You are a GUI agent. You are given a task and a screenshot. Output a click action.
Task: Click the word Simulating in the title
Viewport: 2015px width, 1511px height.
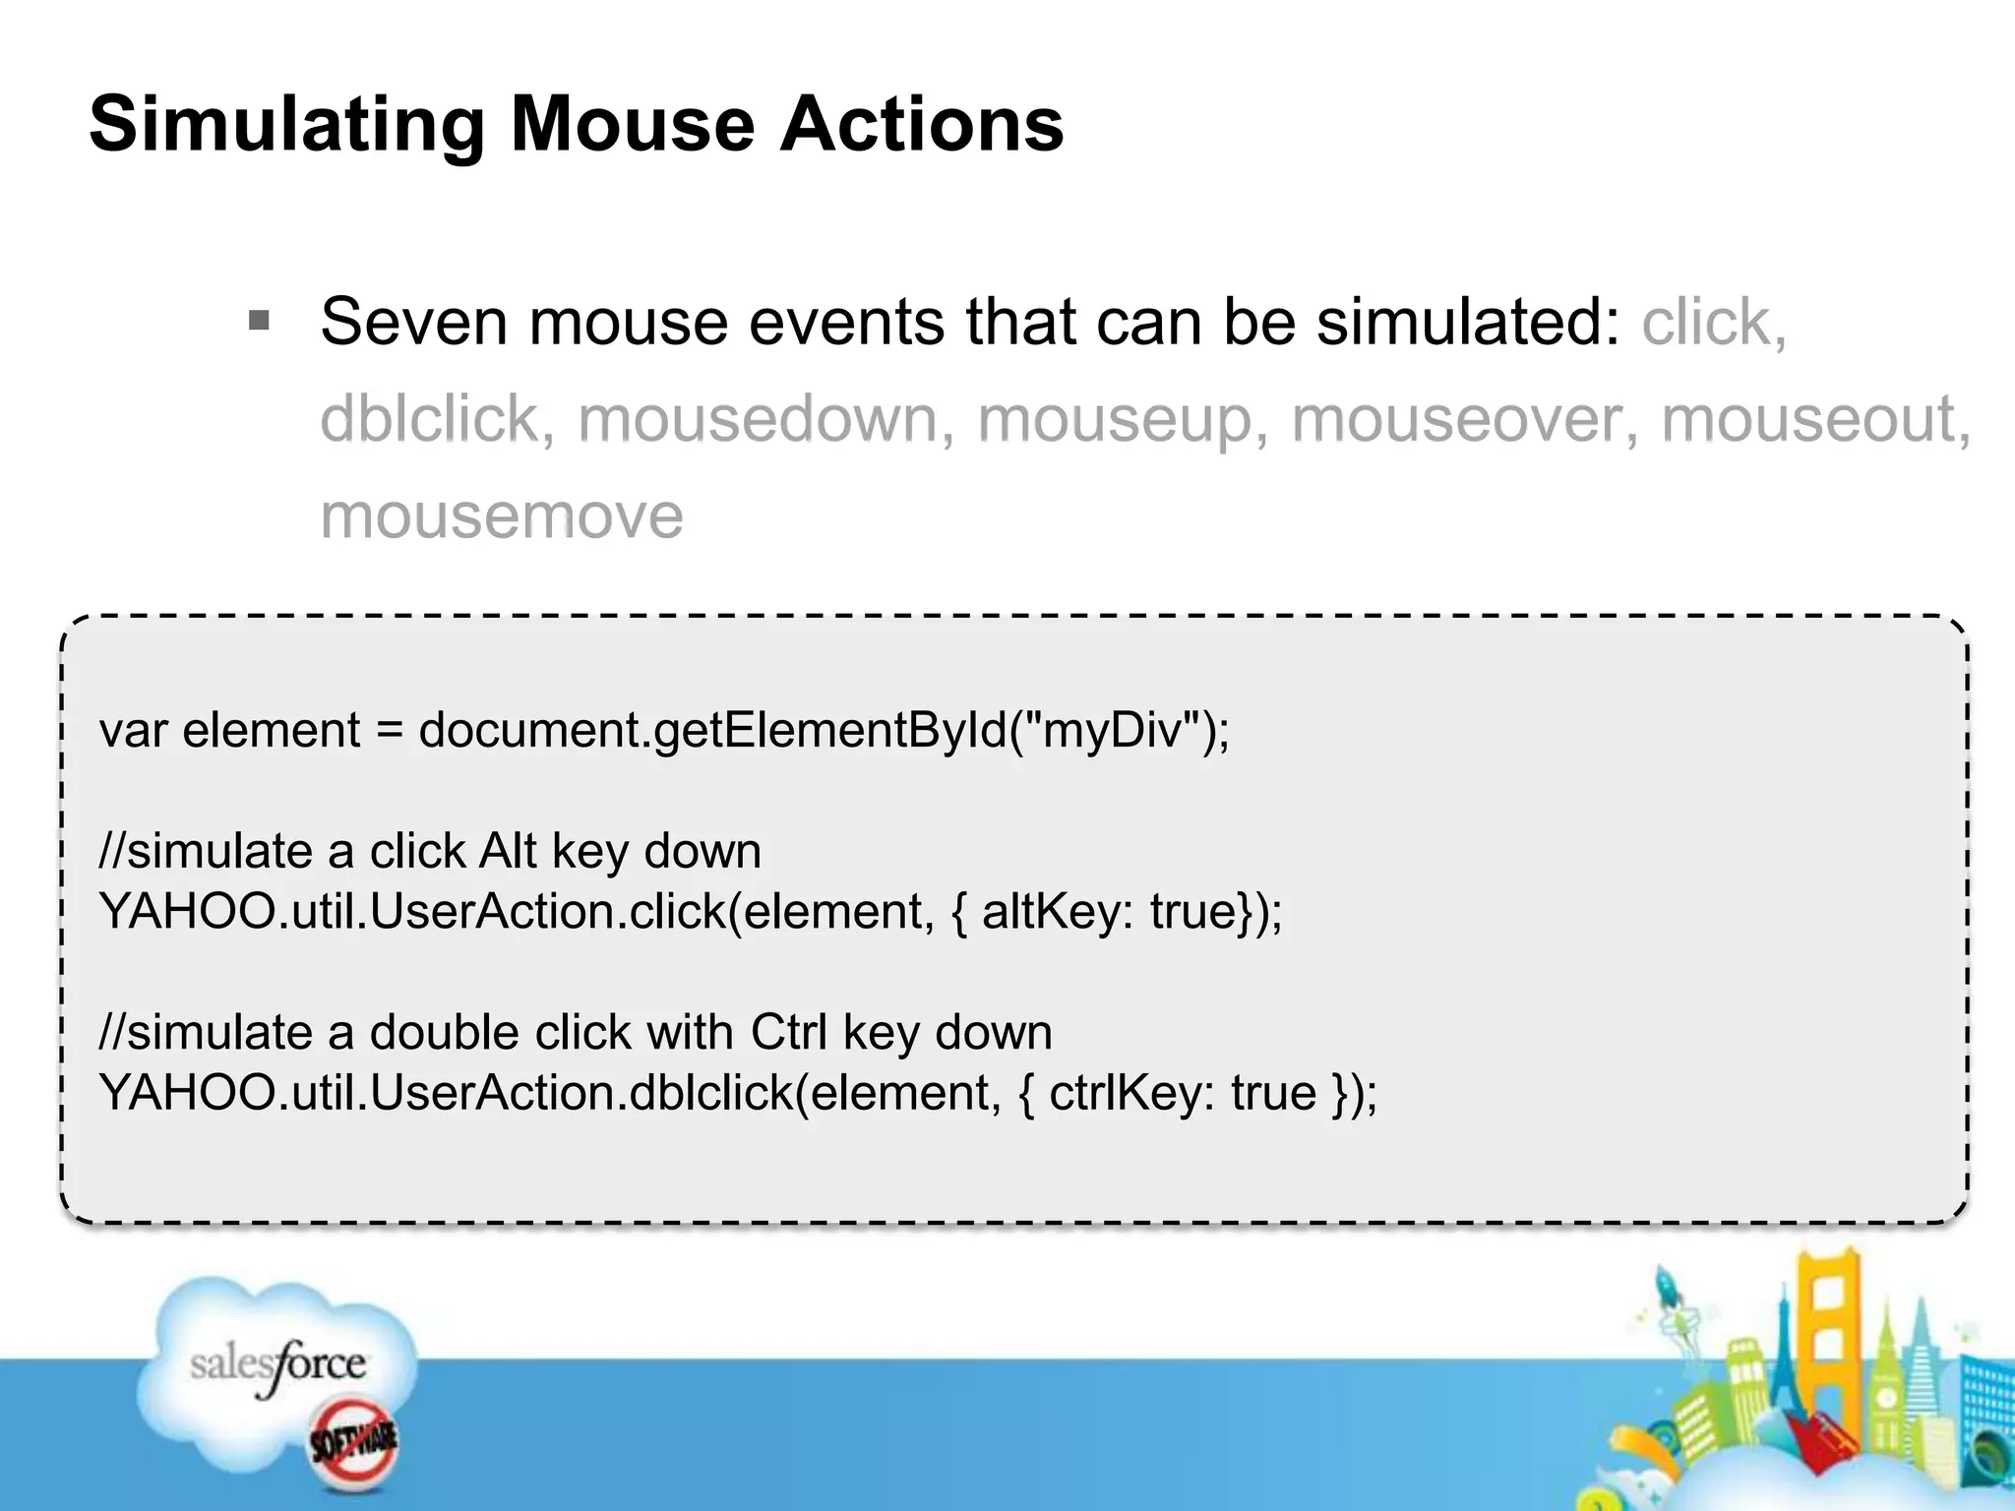[x=286, y=125]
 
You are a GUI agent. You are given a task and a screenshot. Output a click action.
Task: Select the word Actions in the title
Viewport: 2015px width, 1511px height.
[x=922, y=125]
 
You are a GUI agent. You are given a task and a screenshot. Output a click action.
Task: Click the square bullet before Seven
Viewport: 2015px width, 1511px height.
[x=260, y=321]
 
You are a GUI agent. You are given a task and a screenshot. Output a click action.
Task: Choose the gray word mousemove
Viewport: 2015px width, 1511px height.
[x=502, y=516]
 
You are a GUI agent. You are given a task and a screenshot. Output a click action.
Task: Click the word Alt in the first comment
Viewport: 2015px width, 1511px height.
[x=508, y=851]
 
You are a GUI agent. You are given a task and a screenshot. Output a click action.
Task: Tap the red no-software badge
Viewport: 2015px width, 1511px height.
[x=353, y=1442]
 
